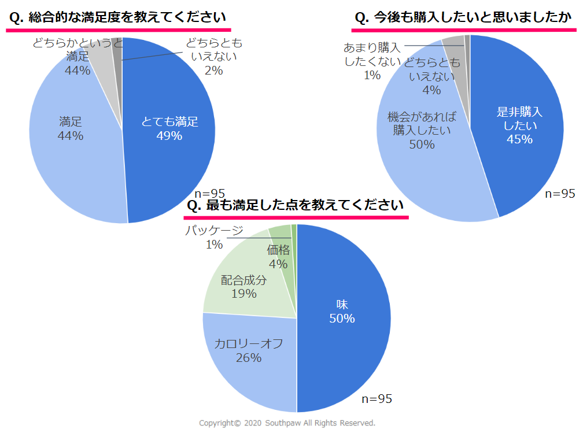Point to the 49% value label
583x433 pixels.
click(x=169, y=136)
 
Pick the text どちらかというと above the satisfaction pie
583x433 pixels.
click(x=78, y=43)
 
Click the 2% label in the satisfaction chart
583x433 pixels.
click(x=213, y=71)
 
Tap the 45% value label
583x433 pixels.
click(x=518, y=139)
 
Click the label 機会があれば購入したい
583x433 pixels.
click(x=422, y=123)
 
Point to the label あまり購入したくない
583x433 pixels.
click(x=372, y=54)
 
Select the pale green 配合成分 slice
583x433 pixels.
click(x=231, y=301)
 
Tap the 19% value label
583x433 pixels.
click(x=243, y=294)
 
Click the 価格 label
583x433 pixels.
click(x=278, y=250)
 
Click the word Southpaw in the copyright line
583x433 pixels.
click(x=284, y=423)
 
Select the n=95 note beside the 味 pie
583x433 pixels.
click(x=377, y=399)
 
